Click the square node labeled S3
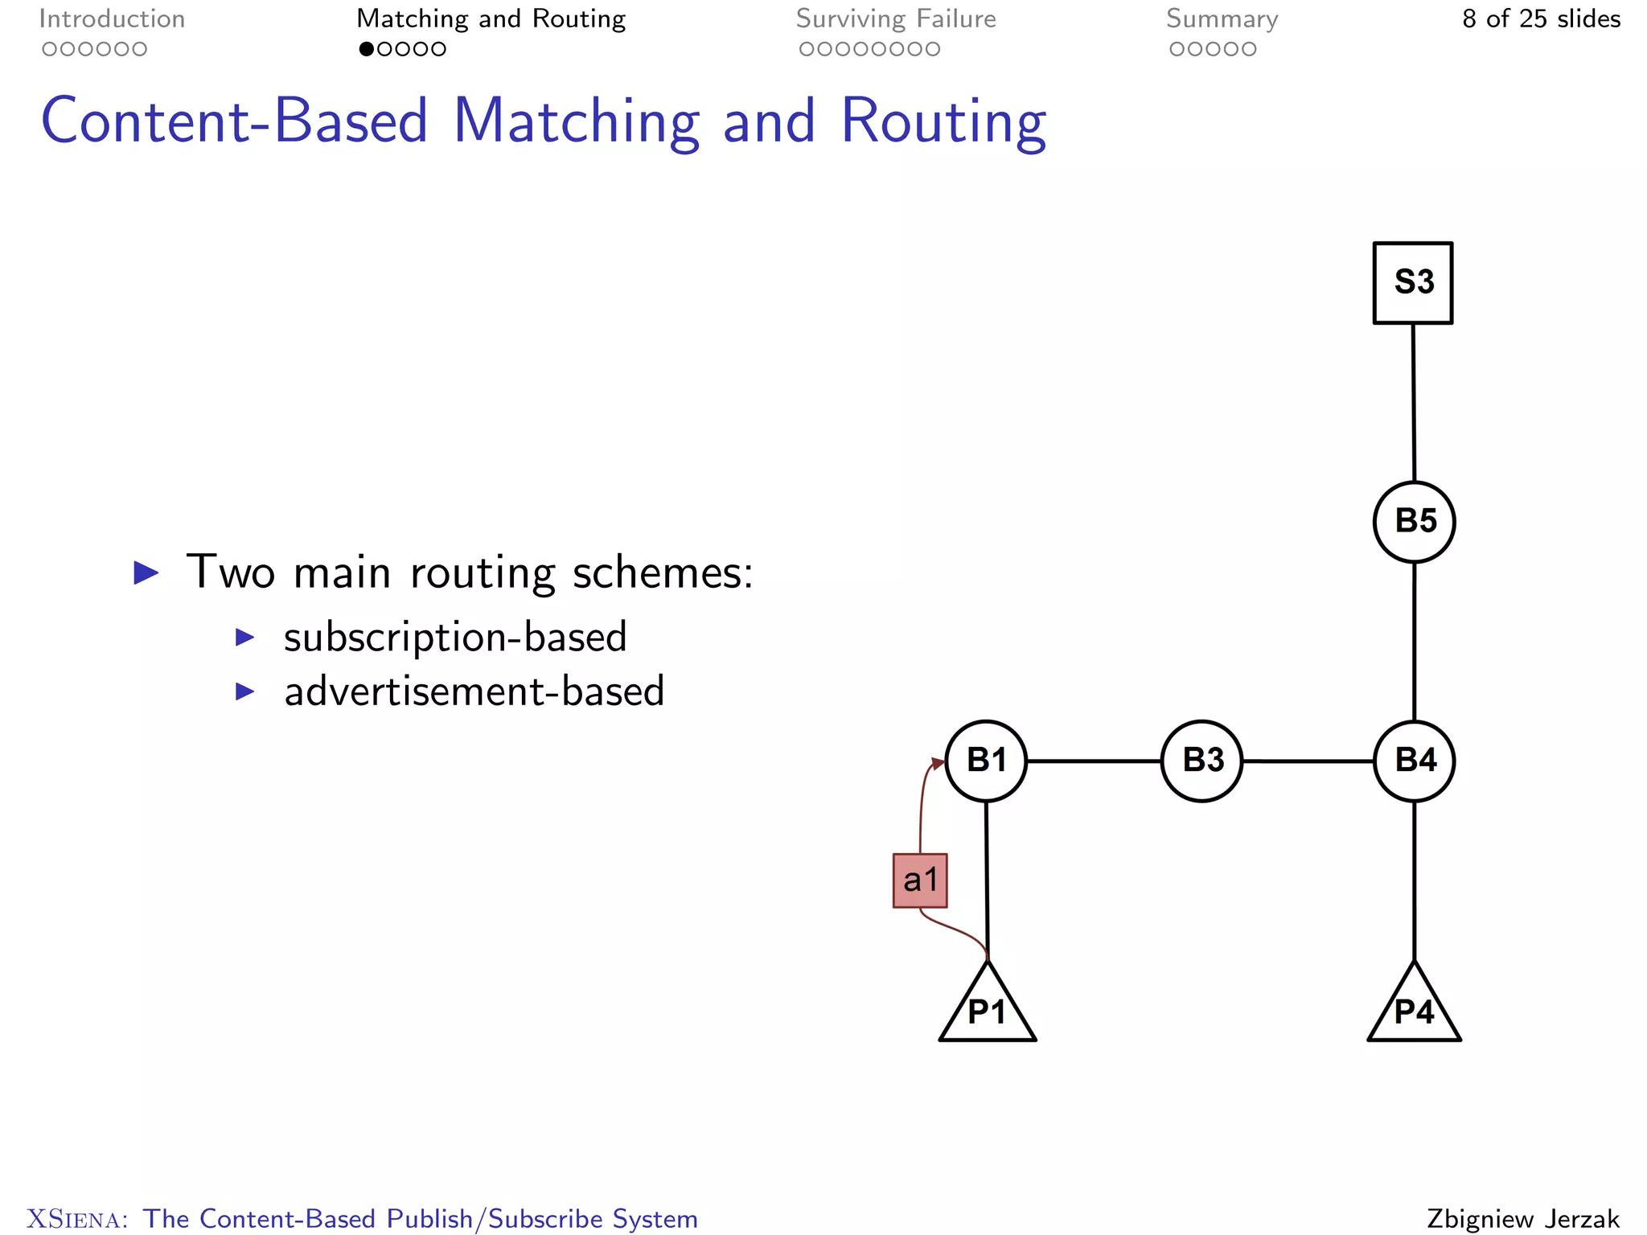tap(1412, 283)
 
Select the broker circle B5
tap(1414, 522)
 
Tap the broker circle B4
tap(1414, 761)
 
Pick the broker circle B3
tap(1201, 761)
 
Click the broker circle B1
tap(986, 761)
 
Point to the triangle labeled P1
tap(987, 1010)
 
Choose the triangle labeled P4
tap(1414, 1010)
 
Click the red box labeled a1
tap(920, 880)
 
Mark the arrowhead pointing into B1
tap(938, 762)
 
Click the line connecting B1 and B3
tap(1094, 761)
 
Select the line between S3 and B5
tap(1413, 402)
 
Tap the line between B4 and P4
tap(1414, 880)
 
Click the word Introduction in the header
tap(112, 18)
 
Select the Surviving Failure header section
tap(896, 18)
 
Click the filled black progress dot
tap(366, 49)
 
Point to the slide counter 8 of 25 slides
tap(1541, 18)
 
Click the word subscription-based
tap(455, 637)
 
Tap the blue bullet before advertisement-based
tap(244, 691)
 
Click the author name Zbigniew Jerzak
tap(1523, 1218)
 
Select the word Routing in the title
tap(943, 121)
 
